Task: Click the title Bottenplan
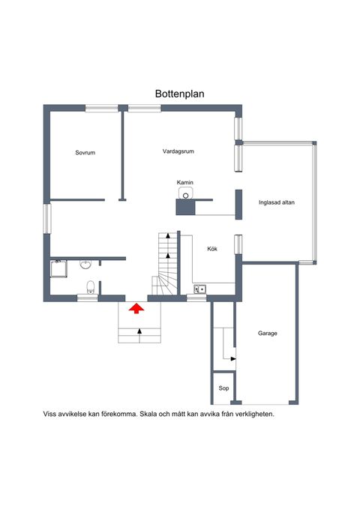[x=180, y=94]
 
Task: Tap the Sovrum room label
[x=85, y=153]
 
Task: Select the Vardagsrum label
[x=178, y=151]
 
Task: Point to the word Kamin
[x=185, y=182]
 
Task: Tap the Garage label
[x=268, y=333]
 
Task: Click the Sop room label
[x=223, y=388]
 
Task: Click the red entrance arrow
[x=136, y=307]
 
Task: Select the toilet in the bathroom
[x=91, y=285]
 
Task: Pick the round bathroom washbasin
[x=85, y=265]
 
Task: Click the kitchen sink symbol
[x=199, y=289]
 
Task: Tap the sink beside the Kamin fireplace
[x=186, y=193]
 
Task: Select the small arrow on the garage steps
[x=232, y=359]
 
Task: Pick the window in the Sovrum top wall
[x=102, y=109]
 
